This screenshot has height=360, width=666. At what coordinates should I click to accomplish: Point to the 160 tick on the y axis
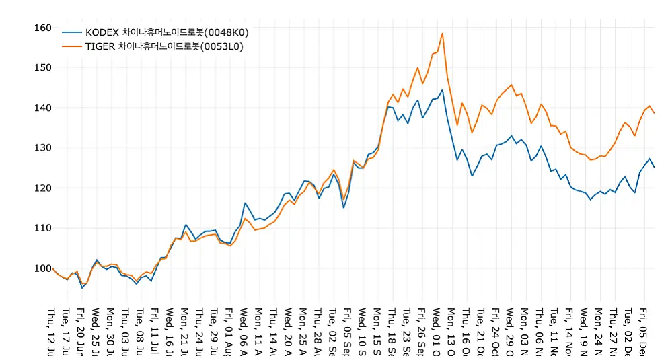coord(42,28)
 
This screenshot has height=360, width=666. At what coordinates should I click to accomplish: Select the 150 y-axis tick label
coord(42,67)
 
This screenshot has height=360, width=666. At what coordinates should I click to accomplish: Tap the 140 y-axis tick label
coord(42,108)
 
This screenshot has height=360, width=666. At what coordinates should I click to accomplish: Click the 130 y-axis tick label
coord(42,147)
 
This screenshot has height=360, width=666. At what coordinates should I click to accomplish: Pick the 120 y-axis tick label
coord(42,188)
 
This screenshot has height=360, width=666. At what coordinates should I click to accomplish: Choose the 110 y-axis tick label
coord(42,227)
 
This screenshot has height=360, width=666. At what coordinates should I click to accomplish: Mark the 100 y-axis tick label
coord(42,268)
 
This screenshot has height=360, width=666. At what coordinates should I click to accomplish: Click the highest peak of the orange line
coord(442,33)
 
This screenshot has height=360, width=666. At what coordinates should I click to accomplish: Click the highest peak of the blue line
coord(442,90)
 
